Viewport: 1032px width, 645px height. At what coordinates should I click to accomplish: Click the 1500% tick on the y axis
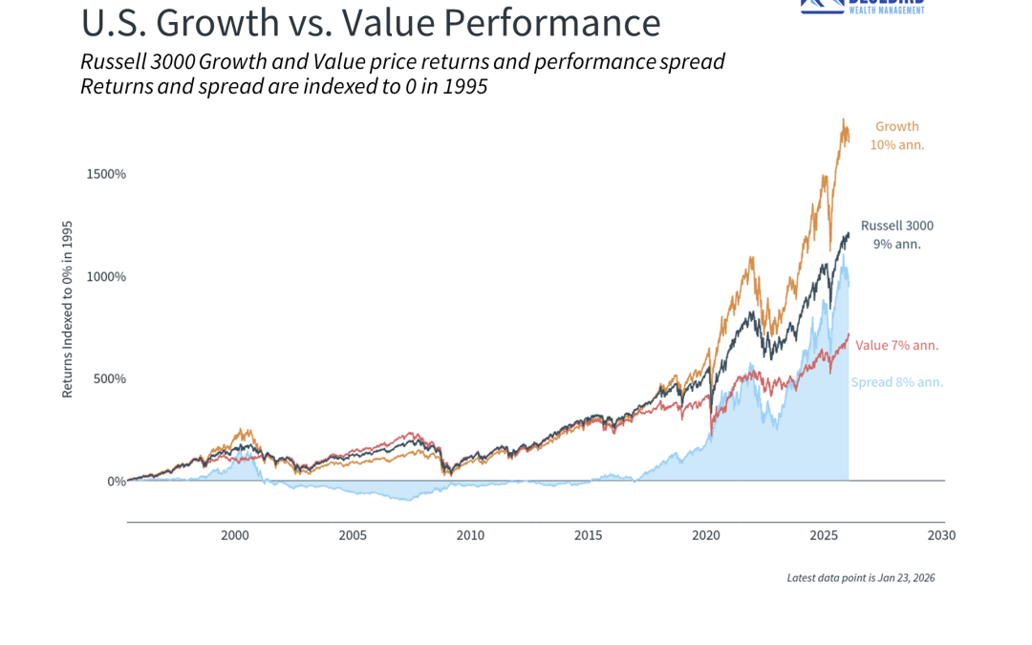107,174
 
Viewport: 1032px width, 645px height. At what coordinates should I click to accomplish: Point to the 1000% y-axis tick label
107,276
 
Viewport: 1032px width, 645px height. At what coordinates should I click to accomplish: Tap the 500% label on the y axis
110,378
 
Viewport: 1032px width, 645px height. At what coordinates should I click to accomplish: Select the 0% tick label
116,481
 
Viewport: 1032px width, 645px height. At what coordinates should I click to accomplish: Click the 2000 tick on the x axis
235,535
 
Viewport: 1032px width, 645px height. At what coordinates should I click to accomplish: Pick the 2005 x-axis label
353,535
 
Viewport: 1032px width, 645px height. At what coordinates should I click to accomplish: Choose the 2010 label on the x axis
470,535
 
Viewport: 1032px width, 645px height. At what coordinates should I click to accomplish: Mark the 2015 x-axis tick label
589,535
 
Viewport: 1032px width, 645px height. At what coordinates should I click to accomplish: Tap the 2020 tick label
706,535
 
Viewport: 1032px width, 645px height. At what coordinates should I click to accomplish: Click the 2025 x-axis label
824,535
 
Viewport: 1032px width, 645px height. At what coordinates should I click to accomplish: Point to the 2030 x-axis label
941,535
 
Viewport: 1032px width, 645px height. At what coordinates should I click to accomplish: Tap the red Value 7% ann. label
896,345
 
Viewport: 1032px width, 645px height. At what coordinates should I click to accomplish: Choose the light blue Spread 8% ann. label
896,382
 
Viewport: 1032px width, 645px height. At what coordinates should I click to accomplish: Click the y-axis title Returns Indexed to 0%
68,310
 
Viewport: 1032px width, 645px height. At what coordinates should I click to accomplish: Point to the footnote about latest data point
860,577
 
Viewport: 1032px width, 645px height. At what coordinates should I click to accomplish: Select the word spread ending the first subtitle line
692,62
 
